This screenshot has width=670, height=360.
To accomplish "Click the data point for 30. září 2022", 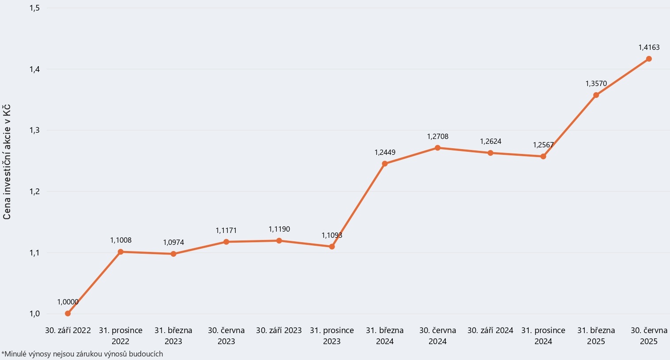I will [68, 314].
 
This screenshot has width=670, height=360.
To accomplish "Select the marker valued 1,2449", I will [384, 164].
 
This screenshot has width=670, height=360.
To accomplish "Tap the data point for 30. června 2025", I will [649, 59].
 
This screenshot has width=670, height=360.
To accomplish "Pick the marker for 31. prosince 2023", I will [332, 247].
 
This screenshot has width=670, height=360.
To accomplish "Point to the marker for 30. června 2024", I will [437, 148].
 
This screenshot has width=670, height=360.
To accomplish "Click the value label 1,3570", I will [596, 84].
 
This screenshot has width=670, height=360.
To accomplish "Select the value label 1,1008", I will [120, 240].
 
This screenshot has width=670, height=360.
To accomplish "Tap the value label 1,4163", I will [649, 47].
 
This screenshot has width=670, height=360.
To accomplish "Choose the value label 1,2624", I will [490, 142].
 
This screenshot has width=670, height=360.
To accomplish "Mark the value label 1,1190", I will [279, 229].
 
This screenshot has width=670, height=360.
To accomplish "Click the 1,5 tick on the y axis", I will [34, 8].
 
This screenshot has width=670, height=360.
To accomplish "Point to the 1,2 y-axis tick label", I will [34, 191].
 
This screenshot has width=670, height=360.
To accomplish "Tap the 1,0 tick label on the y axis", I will [34, 314].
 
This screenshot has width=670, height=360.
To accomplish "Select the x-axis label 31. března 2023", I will [173, 336].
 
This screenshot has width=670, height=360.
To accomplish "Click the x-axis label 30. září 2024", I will [490, 330].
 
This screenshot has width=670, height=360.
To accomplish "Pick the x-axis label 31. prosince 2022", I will [120, 336].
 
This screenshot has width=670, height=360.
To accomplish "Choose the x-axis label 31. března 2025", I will [596, 336].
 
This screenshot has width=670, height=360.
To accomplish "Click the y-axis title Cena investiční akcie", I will [7, 162].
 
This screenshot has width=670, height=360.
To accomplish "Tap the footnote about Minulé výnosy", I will [82, 354].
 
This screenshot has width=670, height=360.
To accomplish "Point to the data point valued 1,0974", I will [173, 254].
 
